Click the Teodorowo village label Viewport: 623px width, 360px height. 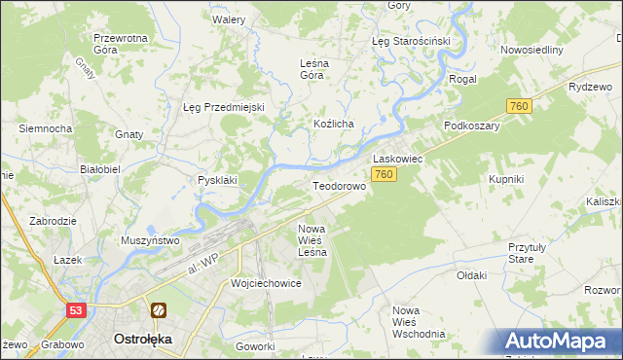(x=338, y=185)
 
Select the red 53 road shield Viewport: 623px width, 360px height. (x=77, y=309)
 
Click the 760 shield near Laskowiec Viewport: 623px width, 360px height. (x=384, y=174)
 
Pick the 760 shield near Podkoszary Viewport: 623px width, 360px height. (x=518, y=106)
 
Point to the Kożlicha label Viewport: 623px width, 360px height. (x=333, y=125)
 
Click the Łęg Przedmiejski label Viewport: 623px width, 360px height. (x=224, y=107)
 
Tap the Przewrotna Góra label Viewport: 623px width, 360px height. (x=119, y=45)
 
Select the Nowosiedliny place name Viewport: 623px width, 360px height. (x=531, y=50)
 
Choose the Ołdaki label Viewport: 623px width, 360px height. (x=471, y=275)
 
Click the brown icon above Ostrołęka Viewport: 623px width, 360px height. (x=158, y=310)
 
